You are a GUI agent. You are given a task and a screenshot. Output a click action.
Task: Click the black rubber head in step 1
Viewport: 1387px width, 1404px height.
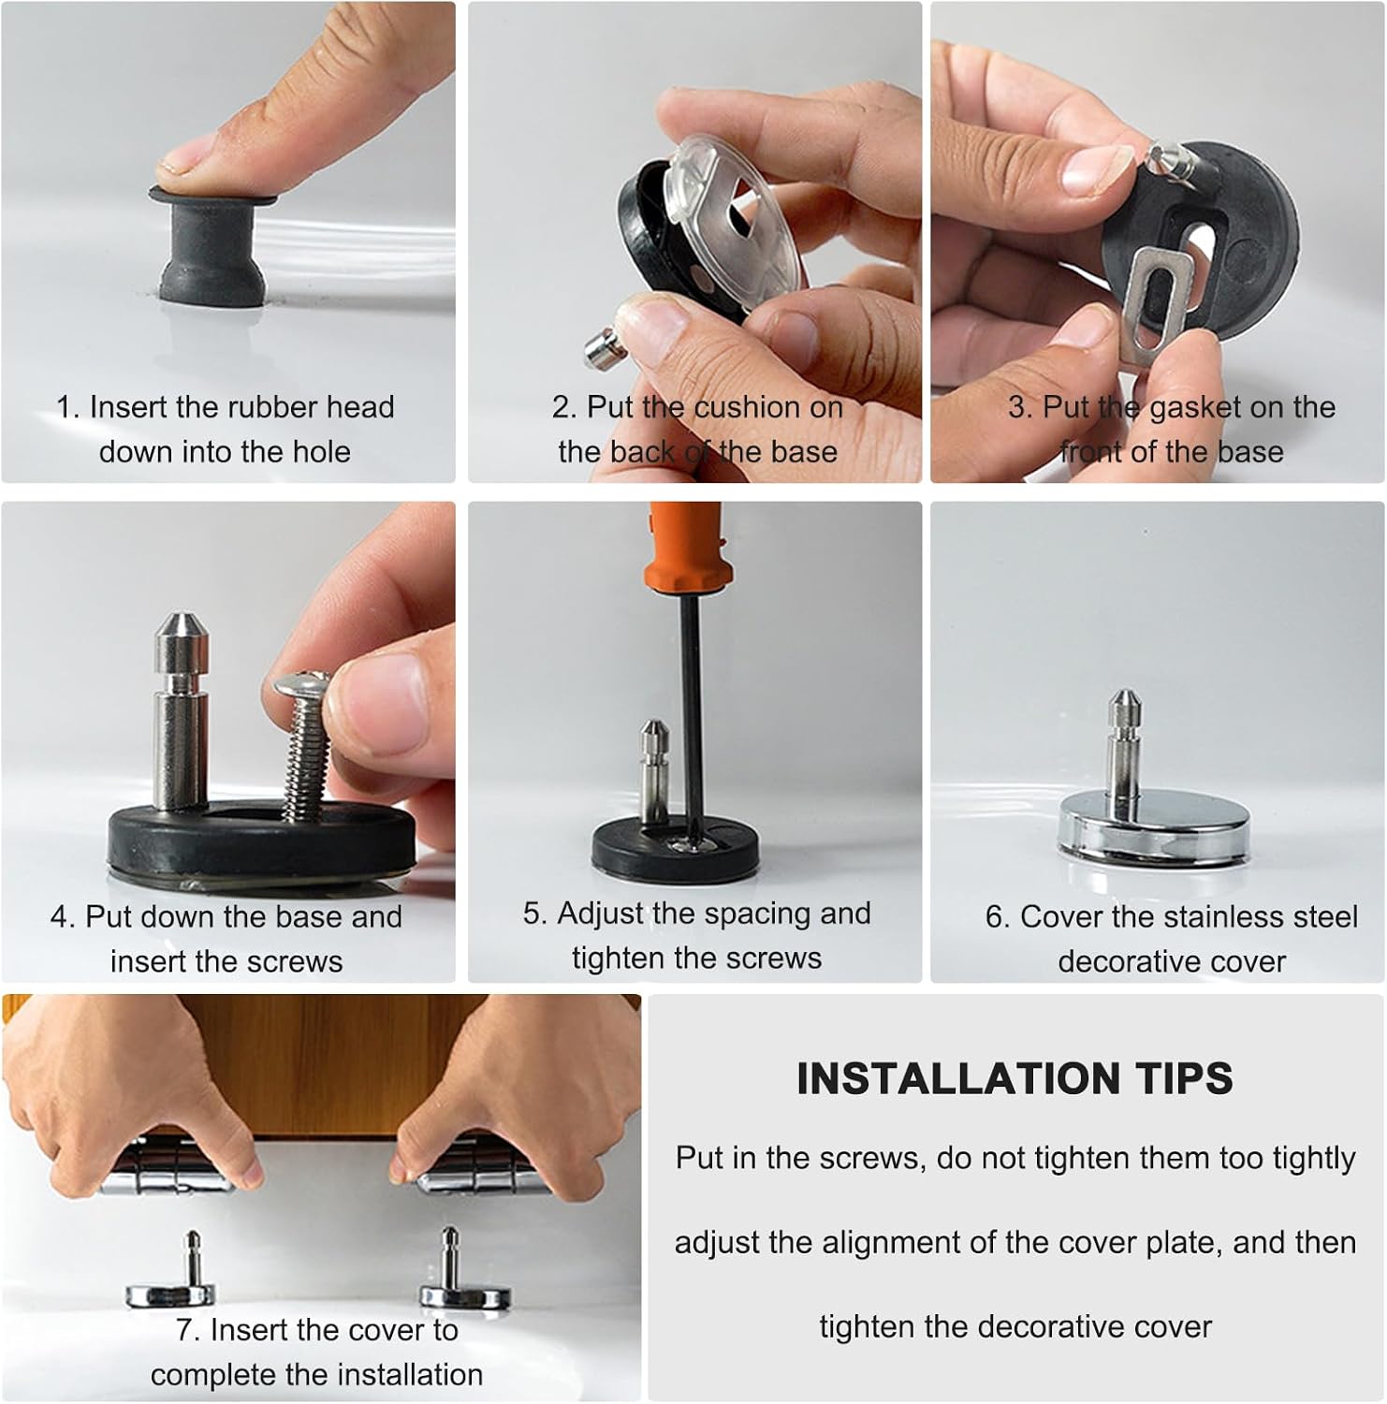click(213, 247)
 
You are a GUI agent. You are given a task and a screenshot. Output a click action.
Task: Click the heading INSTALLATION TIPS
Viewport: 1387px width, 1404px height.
click(1015, 1078)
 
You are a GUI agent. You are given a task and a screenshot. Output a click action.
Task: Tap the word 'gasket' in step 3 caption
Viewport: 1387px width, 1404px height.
click(1195, 407)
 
